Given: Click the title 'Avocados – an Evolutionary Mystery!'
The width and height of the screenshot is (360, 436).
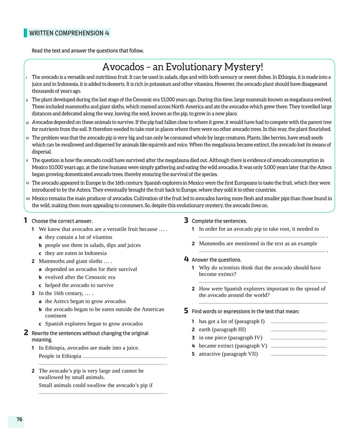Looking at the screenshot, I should pos(182,67).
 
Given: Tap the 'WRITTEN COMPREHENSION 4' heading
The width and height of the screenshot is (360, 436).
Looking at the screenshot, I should pos(69,33).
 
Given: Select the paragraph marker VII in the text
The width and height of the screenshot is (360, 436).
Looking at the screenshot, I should pos(27,198).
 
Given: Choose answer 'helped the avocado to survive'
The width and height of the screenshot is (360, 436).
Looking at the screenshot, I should pos(79,285).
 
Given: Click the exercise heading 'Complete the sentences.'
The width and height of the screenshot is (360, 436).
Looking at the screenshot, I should pos(219,221).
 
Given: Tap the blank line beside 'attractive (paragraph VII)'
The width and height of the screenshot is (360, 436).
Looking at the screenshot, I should pos(299,355).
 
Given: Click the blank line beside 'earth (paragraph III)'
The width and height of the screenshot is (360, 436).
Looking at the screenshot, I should pos(299,330).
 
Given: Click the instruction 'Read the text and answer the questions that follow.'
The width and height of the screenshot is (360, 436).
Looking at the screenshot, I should pos(88,51).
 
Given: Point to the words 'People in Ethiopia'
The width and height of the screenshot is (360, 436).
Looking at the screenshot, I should pos(60,356).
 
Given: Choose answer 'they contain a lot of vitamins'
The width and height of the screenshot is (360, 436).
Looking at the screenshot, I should pos(79,237).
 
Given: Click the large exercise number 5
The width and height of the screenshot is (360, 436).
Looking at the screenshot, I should pos(187,311).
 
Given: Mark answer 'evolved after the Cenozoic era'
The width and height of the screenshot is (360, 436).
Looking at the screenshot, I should pos(80,277).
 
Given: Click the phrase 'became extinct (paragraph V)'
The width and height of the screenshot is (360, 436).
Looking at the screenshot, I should pos(233,346).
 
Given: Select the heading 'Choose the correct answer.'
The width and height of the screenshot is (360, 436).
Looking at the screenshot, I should pos(62,221).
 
